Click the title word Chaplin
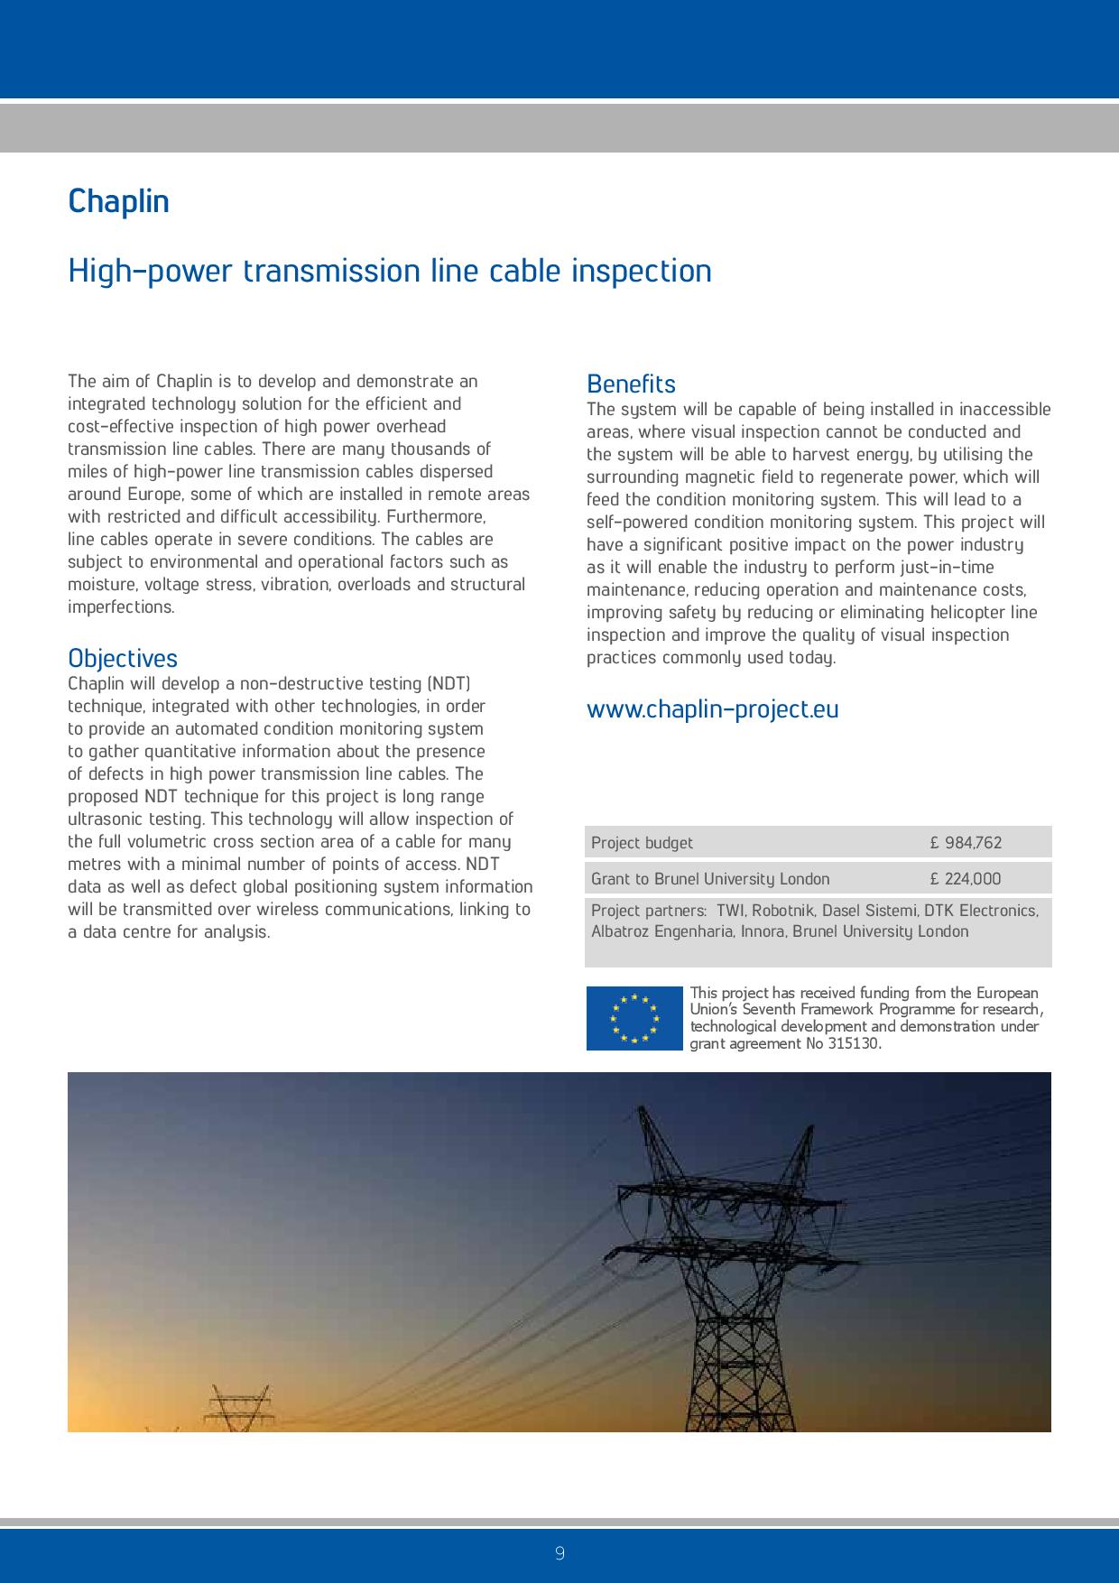coord(118,201)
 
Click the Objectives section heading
coord(123,658)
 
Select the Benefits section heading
coord(631,384)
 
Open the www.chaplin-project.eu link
coord(712,708)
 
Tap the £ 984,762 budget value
coord(966,843)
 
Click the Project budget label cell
coord(642,843)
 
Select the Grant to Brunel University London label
coord(710,879)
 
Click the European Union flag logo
coord(634,1018)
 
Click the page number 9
coord(559,1553)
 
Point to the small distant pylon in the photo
coord(238,1408)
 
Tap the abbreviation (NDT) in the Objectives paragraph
coord(449,684)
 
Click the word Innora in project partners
coord(763,931)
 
